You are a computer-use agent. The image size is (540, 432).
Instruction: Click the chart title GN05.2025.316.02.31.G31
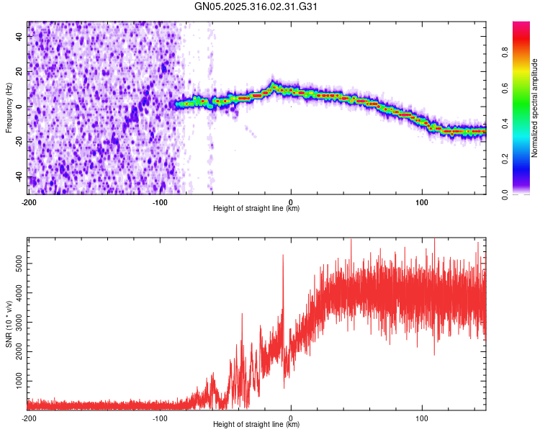(x=256, y=6)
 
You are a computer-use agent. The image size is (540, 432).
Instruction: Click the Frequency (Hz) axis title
(x=9, y=107)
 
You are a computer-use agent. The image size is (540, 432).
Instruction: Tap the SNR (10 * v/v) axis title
(x=9, y=324)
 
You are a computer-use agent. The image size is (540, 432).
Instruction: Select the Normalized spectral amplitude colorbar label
(x=535, y=108)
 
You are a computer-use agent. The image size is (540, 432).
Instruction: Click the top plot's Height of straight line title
(x=256, y=208)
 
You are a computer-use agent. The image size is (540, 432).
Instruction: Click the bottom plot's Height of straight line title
(x=256, y=424)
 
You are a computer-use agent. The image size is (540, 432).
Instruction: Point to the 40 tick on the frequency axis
(x=19, y=35)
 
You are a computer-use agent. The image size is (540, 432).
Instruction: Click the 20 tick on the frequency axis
(x=19, y=71)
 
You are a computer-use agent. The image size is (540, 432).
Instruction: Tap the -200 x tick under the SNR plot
(x=29, y=418)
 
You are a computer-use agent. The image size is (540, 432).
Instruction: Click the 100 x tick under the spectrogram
(x=422, y=202)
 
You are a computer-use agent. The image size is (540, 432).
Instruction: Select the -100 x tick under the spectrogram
(x=160, y=202)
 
